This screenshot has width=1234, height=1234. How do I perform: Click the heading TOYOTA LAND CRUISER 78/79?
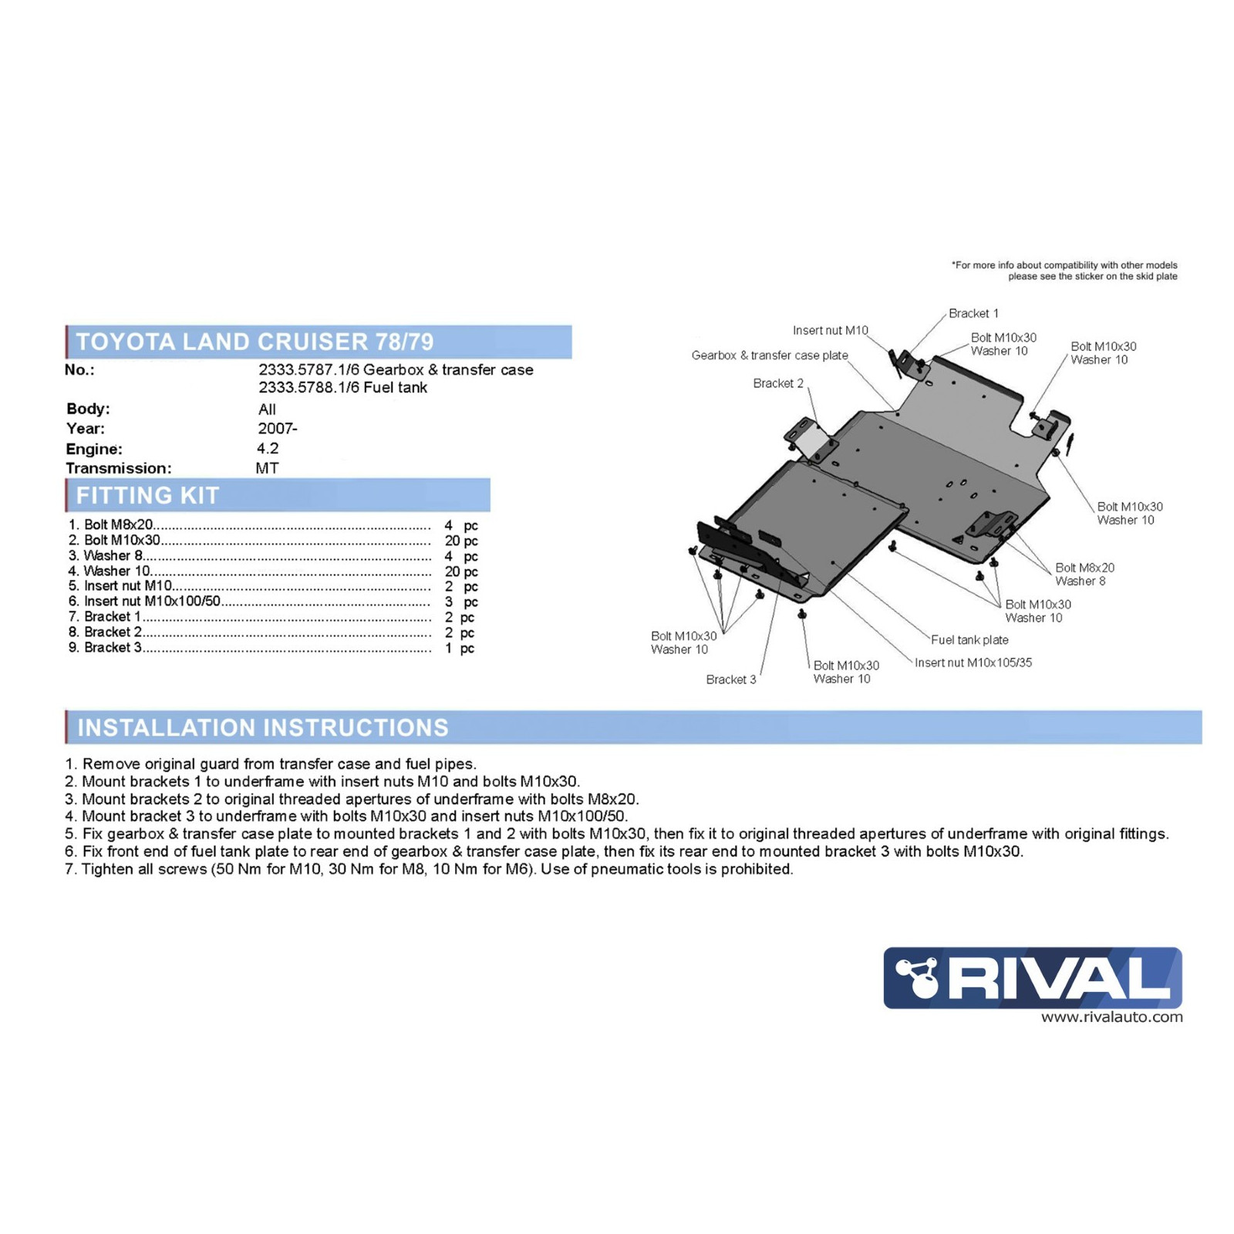[x=255, y=342]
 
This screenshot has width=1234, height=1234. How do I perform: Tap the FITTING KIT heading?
[x=147, y=495]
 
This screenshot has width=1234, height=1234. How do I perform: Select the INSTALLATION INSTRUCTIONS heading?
[x=262, y=727]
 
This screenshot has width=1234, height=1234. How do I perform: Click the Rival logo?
[x=1032, y=977]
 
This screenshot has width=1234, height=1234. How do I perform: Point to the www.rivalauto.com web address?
[x=1111, y=1017]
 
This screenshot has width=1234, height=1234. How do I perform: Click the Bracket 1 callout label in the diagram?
[x=973, y=313]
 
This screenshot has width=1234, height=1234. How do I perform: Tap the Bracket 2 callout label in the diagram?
[x=777, y=383]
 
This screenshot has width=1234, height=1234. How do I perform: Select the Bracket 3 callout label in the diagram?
[x=730, y=679]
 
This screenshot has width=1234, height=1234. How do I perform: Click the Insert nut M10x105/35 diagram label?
[x=973, y=663]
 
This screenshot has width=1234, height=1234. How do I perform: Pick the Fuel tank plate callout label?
[x=969, y=639]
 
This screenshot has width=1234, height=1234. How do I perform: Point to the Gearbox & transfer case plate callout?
[x=769, y=356]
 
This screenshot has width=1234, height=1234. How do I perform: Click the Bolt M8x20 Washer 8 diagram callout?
[x=1084, y=575]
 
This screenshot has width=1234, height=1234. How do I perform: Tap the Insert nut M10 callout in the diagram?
[x=830, y=331]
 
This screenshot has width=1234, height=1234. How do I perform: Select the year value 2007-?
[x=277, y=429]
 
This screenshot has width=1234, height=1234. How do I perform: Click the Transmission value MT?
[x=267, y=468]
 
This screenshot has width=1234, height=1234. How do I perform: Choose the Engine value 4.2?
[x=268, y=448]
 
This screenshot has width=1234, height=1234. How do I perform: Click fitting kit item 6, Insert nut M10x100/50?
[x=152, y=602]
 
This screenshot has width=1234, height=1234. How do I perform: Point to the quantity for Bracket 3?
[x=459, y=648]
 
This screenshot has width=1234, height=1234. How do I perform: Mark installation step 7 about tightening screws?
[x=429, y=869]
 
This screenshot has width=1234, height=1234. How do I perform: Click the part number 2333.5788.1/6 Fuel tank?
[x=342, y=387]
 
